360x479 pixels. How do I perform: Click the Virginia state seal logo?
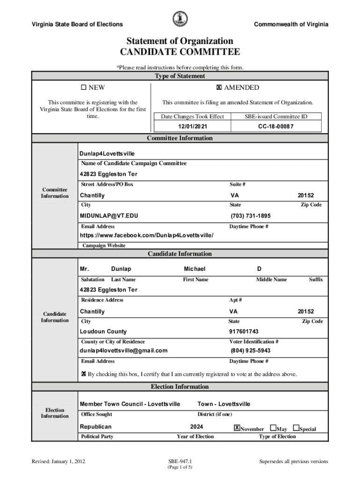point(180,19)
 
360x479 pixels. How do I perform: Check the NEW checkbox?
point(84,87)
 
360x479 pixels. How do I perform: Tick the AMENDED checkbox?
point(218,87)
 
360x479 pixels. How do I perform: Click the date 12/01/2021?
point(192,126)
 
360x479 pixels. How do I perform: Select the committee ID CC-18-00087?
point(276,126)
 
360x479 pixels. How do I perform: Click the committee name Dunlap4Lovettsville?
point(108,153)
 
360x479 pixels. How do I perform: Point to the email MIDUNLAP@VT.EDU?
point(109,216)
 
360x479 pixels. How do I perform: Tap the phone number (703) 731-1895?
point(250,216)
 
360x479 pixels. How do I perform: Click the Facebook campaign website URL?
point(146,235)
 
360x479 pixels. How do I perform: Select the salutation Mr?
point(85,269)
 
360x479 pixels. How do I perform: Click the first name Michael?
point(194,269)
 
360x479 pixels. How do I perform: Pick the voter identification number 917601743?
point(244,332)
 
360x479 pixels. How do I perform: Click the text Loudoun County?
point(103,332)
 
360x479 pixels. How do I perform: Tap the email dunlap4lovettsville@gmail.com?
point(123,350)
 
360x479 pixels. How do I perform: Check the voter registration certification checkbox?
point(84,374)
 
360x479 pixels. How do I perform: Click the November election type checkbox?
point(237,428)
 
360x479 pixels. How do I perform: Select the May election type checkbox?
point(274,428)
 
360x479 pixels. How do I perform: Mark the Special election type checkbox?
point(296,428)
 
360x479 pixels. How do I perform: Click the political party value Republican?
point(96,427)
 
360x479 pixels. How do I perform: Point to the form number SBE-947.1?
point(180,461)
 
